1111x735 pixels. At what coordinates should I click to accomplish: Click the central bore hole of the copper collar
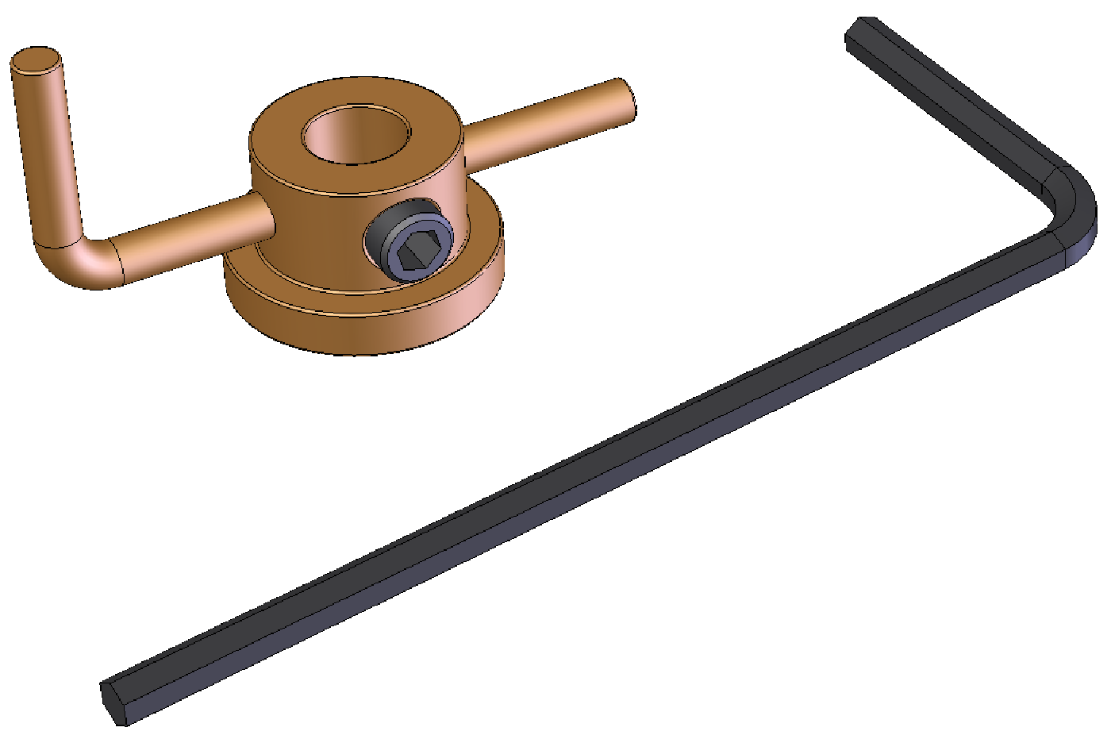coord(355,135)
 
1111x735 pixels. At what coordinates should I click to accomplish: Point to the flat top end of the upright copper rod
coord(36,60)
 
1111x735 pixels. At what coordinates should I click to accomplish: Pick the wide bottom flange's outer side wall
coord(357,329)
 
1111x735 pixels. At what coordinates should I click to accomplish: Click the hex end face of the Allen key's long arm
coord(113,702)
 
